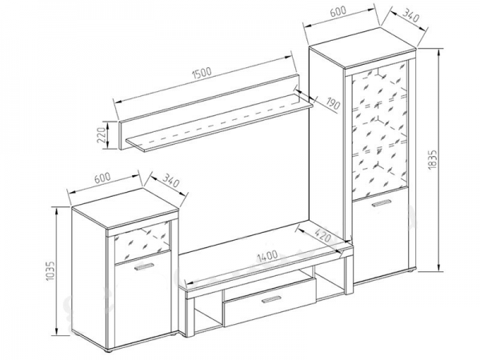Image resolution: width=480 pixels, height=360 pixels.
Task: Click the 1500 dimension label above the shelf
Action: tap(202, 73)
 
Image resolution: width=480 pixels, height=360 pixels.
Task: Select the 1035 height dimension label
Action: tap(51, 270)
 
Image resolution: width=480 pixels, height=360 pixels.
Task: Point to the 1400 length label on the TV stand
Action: tap(267, 256)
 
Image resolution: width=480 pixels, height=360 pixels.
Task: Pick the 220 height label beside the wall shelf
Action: tap(102, 134)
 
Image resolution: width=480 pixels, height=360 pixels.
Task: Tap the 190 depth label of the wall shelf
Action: tap(334, 103)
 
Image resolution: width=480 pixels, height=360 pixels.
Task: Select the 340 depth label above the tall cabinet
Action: tap(410, 15)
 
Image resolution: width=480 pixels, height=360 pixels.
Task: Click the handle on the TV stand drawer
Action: tap(271, 300)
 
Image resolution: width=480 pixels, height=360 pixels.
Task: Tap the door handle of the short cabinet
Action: tap(143, 266)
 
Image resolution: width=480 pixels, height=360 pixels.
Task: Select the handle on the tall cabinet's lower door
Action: tap(381, 203)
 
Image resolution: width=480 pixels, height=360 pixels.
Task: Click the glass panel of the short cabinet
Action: tap(142, 242)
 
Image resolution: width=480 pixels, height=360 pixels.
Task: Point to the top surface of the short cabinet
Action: tap(126, 208)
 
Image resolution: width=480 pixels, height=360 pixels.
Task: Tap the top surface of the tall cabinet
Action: tap(362, 47)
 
